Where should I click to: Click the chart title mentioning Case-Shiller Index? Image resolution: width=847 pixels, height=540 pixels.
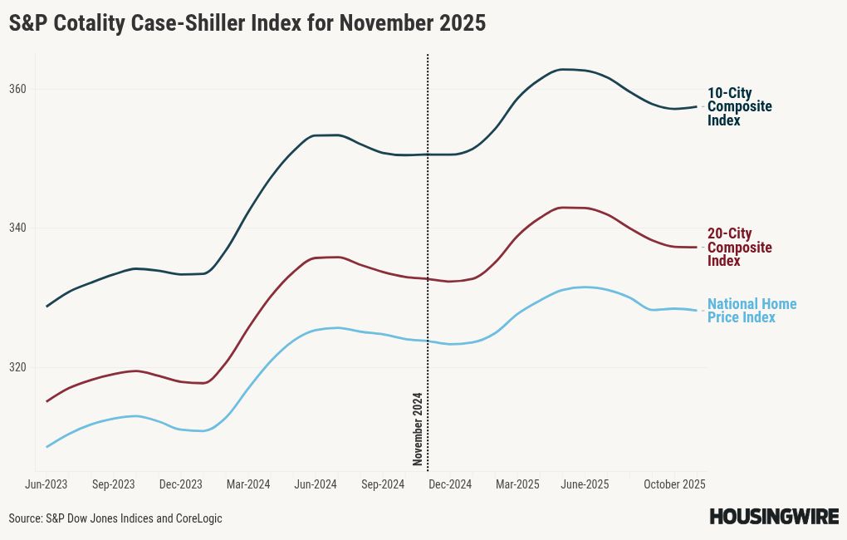247,24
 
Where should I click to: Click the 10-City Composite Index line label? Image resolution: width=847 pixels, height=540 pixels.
739,107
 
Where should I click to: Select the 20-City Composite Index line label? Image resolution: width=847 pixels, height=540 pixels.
739,248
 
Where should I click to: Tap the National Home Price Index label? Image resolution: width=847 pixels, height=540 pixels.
751,311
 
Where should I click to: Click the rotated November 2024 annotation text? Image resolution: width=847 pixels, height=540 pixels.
419,429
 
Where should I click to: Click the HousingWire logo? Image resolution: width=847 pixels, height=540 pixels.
773,517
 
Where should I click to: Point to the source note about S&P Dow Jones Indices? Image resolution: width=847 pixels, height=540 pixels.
115,518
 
